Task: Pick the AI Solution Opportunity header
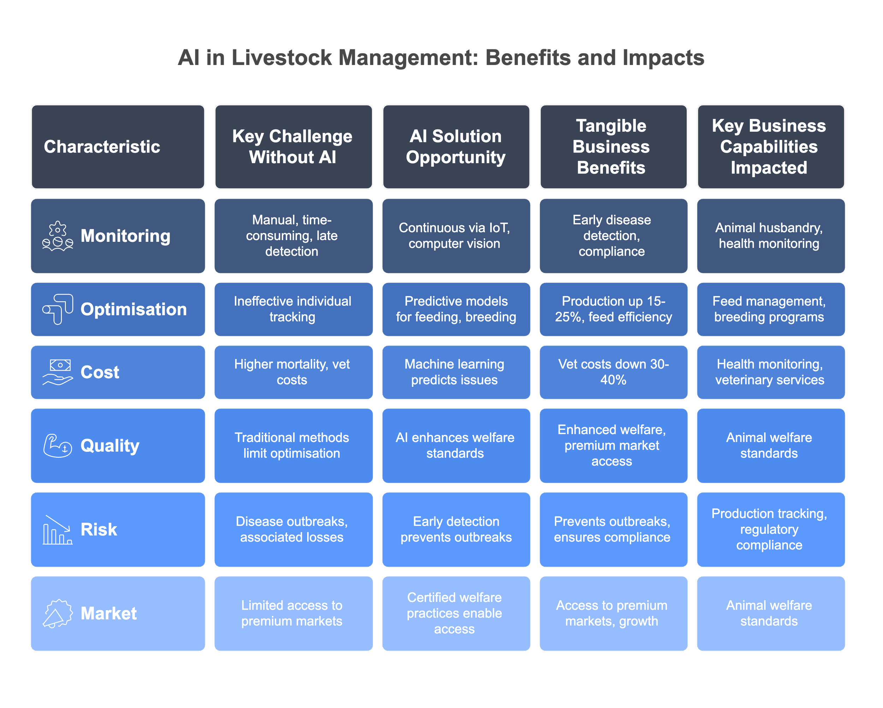click(x=456, y=147)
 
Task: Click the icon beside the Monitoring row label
click(x=58, y=236)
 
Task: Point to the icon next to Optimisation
click(x=58, y=309)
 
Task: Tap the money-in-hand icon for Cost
click(x=58, y=372)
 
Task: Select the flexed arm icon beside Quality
click(x=58, y=446)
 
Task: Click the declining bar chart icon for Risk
click(x=58, y=529)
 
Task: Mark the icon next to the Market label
click(x=58, y=613)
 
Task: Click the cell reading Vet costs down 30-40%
click(x=613, y=372)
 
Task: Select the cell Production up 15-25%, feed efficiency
click(x=613, y=309)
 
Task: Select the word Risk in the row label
click(x=99, y=529)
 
